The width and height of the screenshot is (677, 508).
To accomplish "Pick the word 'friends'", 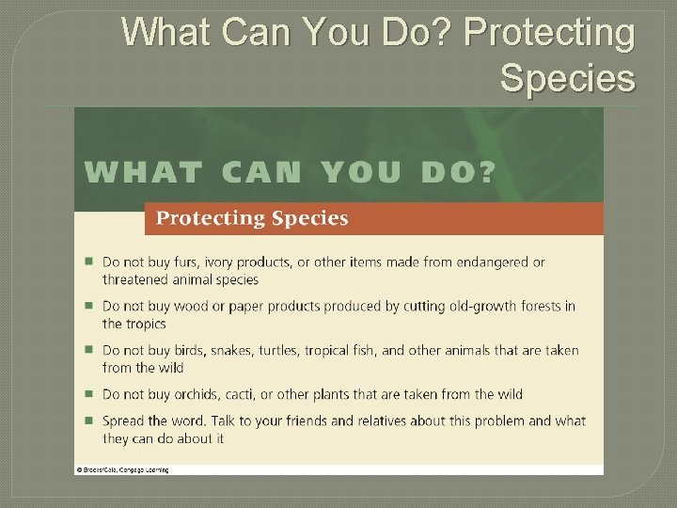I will click(x=311, y=421).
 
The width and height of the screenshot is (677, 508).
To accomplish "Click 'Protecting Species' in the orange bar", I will click(x=251, y=219).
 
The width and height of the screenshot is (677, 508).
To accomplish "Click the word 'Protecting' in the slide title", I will click(x=550, y=33).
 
